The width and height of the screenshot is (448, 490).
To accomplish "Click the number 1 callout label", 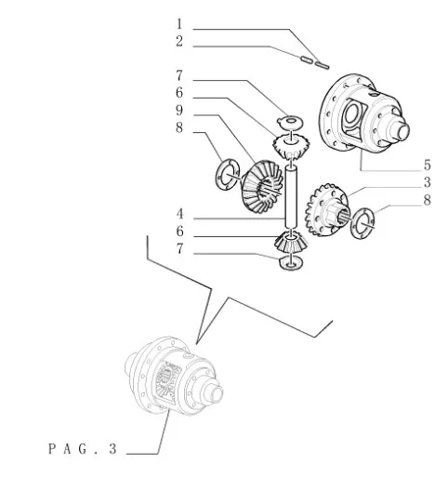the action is (179, 24).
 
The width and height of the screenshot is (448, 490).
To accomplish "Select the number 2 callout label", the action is (179, 42).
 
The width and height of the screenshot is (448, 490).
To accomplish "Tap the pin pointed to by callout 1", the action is (322, 65).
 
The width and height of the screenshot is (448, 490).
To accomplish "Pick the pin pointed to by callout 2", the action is (306, 60).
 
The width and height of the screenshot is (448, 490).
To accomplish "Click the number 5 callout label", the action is (427, 165).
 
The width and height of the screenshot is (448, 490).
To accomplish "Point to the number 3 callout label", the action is (427, 182).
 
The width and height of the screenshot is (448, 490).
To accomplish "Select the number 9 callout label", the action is (179, 111).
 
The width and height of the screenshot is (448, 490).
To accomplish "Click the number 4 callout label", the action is (179, 214).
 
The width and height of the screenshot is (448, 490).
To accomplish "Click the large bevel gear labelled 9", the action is (262, 187).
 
